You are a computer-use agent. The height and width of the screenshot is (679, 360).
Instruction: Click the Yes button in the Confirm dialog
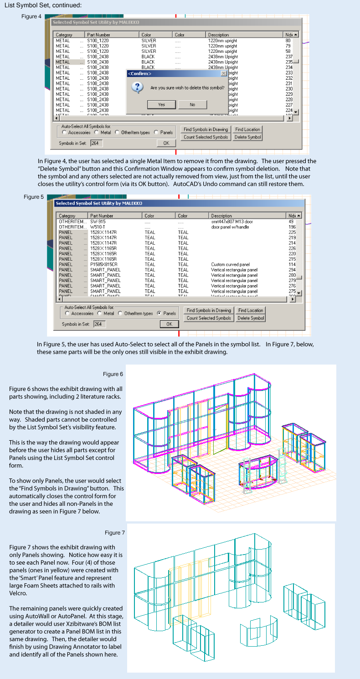point(161,104)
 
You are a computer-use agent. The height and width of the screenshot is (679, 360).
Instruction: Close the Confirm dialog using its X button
point(223,73)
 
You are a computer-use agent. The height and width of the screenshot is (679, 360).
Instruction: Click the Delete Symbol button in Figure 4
point(248,137)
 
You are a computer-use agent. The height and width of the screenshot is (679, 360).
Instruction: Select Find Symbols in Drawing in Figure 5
point(209,310)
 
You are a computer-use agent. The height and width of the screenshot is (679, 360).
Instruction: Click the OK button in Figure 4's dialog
point(166,143)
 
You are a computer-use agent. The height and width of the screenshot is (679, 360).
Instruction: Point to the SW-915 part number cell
point(98,221)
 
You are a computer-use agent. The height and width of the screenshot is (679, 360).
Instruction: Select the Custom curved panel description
point(231,264)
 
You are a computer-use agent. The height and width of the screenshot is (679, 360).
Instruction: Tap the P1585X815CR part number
point(104,264)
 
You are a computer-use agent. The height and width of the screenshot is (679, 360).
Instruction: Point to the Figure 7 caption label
point(115,533)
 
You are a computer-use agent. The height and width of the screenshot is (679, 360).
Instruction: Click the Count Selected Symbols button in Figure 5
point(209,318)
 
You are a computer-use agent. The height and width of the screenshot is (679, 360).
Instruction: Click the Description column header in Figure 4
point(219,35)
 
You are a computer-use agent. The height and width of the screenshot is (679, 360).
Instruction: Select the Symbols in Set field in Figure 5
point(99,324)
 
